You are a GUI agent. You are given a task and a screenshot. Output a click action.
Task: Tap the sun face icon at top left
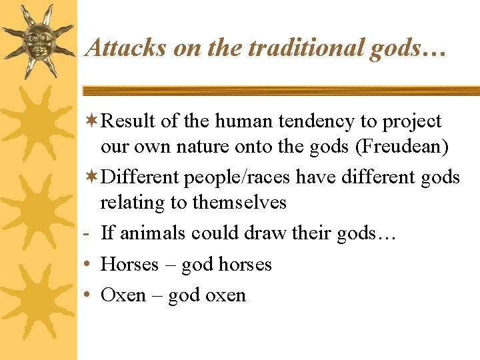39,40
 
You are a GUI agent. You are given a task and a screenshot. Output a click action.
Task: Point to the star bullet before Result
93,121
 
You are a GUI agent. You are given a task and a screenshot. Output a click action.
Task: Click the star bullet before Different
93,177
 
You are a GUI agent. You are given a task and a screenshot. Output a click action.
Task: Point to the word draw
265,233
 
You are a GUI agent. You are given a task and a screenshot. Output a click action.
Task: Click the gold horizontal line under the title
280,91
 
